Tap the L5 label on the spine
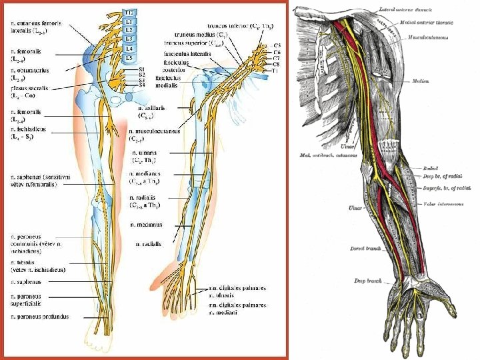coord(129,58)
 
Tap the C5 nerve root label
coord(277,45)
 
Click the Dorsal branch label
coord(365,249)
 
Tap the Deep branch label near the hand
coord(368,281)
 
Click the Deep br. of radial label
coord(443,177)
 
